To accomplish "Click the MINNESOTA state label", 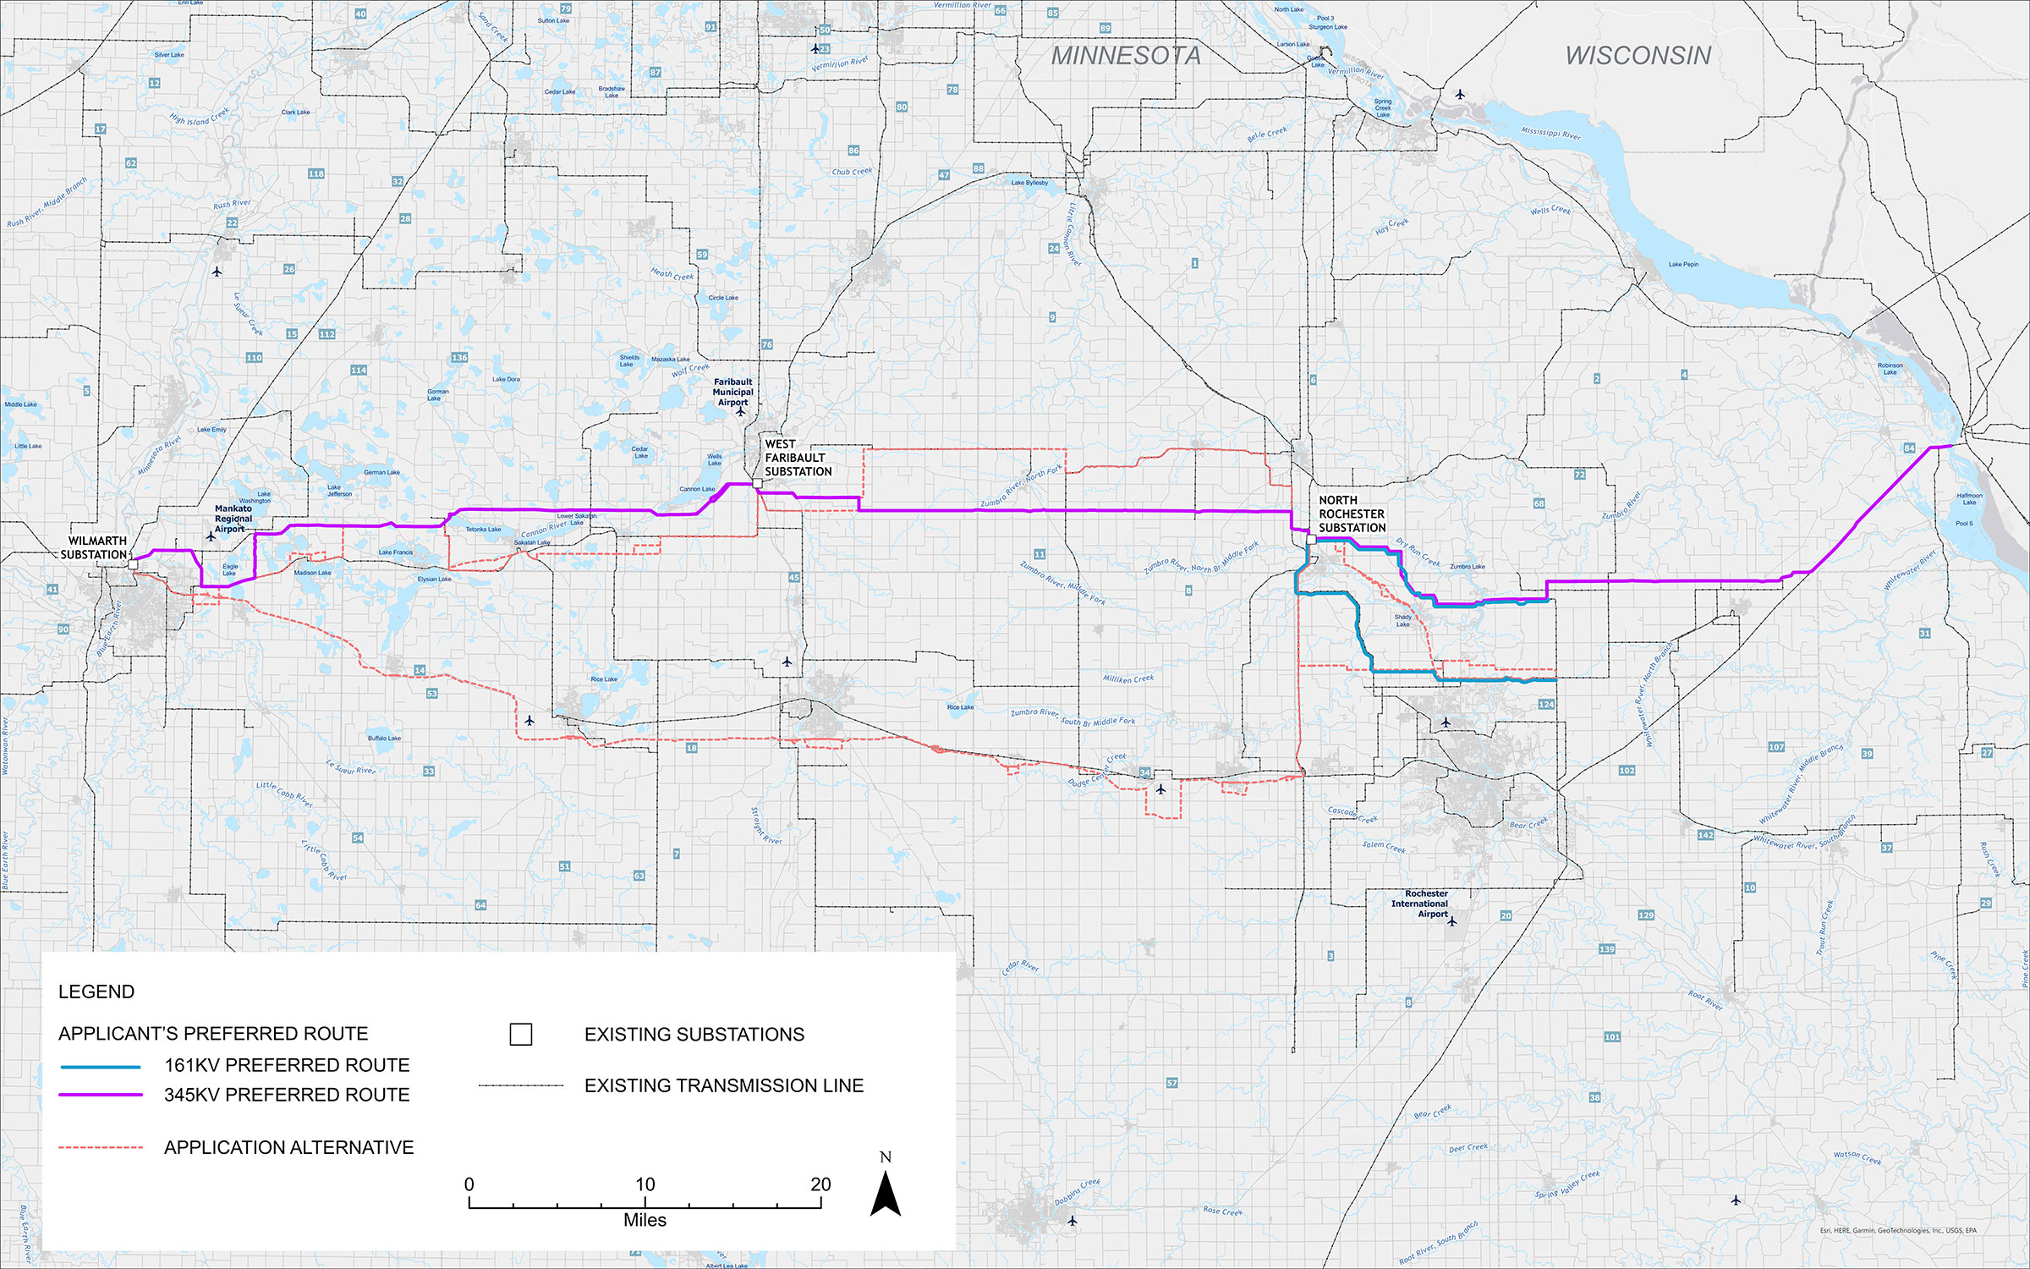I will click(x=1126, y=56).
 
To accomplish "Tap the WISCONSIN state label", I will click(x=1638, y=56).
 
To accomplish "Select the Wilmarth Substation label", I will click(x=95, y=547).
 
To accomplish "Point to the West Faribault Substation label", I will click(x=798, y=458).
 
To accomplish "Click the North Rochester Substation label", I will click(x=1352, y=514).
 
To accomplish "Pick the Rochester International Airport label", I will click(x=1420, y=904).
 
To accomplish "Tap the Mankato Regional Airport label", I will click(x=233, y=519).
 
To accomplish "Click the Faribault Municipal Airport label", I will click(x=732, y=392).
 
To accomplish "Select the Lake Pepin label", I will click(x=1683, y=264).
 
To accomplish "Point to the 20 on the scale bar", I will click(x=820, y=1184).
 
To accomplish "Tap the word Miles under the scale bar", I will click(x=645, y=1220).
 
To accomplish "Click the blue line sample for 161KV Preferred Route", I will click(x=100, y=1066).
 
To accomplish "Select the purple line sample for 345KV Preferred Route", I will click(x=100, y=1095).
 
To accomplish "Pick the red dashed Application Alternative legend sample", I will click(x=100, y=1148).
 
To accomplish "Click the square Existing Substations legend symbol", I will click(x=521, y=1034).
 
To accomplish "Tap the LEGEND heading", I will click(x=96, y=992).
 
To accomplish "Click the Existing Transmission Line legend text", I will click(x=724, y=1085).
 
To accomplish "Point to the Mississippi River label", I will click(x=1550, y=134).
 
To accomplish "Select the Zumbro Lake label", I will click(x=1468, y=567).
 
